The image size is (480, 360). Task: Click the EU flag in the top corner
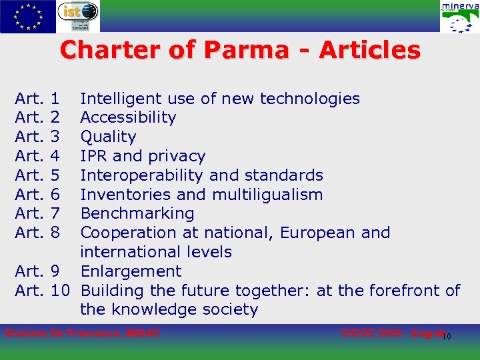(28, 16)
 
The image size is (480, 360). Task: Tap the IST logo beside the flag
(78, 16)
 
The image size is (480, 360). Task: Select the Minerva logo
(459, 17)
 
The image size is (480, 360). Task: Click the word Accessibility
(128, 118)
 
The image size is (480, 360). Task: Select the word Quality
(108, 137)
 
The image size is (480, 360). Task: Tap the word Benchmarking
(137, 214)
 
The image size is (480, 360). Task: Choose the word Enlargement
(131, 271)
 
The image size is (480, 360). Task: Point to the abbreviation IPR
(94, 156)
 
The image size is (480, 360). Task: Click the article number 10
(60, 291)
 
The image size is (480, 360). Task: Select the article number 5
(55, 175)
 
